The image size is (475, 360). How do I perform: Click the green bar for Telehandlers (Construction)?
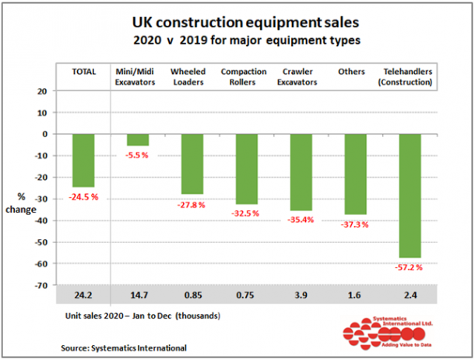click(x=410, y=195)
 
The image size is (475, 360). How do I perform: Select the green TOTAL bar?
click(x=83, y=160)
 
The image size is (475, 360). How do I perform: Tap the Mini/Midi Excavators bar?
click(x=138, y=139)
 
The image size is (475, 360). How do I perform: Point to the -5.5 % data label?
click(x=139, y=156)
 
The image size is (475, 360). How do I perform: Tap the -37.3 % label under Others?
click(x=354, y=224)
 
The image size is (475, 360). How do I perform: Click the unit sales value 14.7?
click(x=138, y=297)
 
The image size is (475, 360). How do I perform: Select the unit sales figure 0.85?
click(x=192, y=297)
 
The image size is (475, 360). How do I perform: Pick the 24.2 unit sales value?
click(x=83, y=297)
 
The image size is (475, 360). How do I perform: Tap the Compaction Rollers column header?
click(x=246, y=76)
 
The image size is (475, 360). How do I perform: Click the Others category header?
click(x=351, y=71)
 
